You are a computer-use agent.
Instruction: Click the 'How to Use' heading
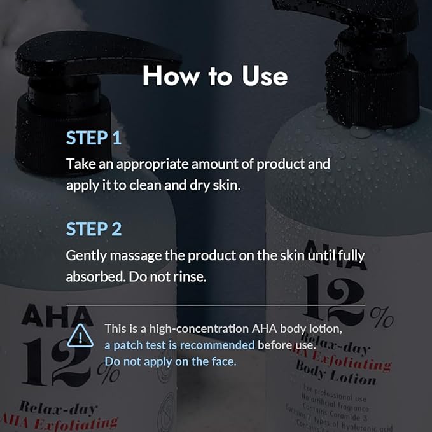(x=215, y=76)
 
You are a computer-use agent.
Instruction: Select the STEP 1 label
(x=94, y=138)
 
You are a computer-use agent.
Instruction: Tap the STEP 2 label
(x=94, y=229)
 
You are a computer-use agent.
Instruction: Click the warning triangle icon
(x=81, y=335)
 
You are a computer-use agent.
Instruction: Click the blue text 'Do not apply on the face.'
(x=171, y=361)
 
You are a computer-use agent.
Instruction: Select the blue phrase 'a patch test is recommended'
(x=179, y=345)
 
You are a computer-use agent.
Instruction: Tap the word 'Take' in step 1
(x=79, y=164)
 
